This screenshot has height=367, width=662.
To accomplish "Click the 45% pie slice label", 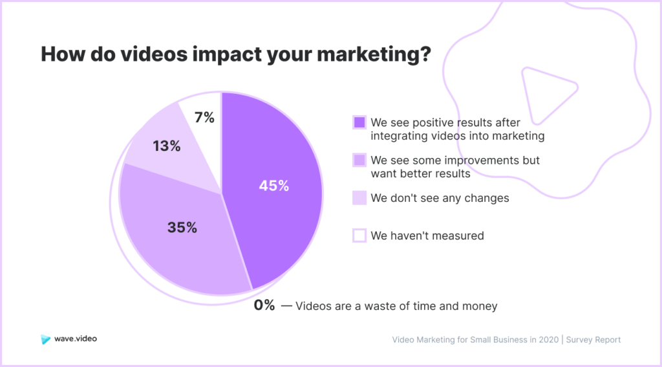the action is pos(274,186).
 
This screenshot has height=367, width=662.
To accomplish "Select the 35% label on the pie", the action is pos(182,227).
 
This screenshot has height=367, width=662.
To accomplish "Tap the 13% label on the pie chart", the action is pos(167,146).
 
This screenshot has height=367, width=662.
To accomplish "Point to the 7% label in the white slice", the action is pos(204,118).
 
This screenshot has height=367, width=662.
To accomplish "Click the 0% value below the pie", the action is pos(264,305).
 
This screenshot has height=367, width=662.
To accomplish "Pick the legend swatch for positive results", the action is pos(359,122).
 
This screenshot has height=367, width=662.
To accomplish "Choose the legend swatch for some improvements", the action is pos(359,161).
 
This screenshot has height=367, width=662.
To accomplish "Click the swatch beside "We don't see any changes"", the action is pos(359,198).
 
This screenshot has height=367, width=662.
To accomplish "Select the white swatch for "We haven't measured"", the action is pos(359,236).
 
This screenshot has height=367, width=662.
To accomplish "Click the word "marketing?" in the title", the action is pos(374,55).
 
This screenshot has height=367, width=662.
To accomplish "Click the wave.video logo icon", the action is pos(46,339).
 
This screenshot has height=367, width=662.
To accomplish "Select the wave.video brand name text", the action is pos(76,339).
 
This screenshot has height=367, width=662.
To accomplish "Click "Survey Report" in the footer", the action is pos(593,340).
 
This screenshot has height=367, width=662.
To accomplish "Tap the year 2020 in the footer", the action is pos(548,340).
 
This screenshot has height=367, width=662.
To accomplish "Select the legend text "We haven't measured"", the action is pos(427,236).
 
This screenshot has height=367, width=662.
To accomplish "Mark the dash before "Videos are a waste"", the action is pos(286,306).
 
